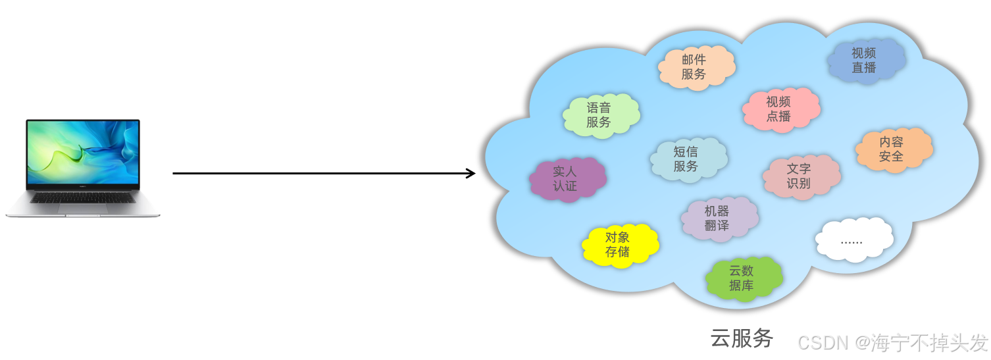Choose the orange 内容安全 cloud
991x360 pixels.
pos(894,149)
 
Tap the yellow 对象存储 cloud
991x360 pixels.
pos(619,245)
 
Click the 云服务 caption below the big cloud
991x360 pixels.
pos(742,338)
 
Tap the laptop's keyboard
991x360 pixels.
pos(83,197)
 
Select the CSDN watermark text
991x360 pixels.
pos(823,342)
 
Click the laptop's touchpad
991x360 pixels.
pos(83,208)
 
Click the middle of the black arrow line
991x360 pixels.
pos(322,174)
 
